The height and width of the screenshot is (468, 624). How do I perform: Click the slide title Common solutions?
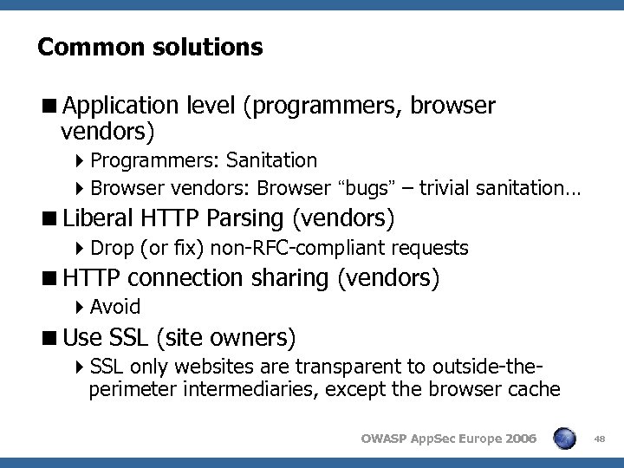[150, 47]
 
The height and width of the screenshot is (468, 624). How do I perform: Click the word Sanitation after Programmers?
[272, 160]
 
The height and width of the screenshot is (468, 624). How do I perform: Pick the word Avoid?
[115, 307]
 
